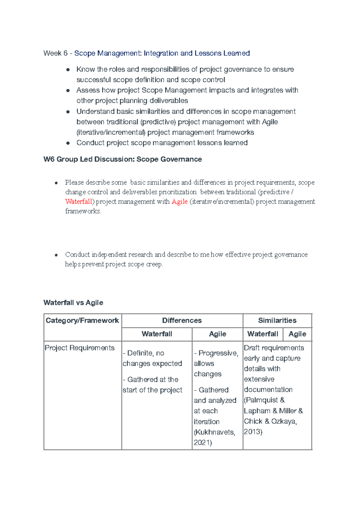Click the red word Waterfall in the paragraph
coord(79,202)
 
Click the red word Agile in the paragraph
coord(179,202)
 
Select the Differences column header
coord(182,320)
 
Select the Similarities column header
coord(277,320)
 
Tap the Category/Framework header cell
coord(82,320)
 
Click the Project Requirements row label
coord(79,348)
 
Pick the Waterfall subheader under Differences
coord(157,334)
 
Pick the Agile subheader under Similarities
coord(297,334)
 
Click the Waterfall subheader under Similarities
coord(262,334)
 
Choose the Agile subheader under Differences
coord(217,334)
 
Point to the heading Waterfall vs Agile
coord(73,302)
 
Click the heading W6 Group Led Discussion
coord(122,159)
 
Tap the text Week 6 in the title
coord(55,53)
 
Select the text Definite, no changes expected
coord(152,358)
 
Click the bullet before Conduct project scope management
coord(68,143)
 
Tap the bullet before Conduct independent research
coord(56,255)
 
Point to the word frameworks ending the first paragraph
coord(83,211)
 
